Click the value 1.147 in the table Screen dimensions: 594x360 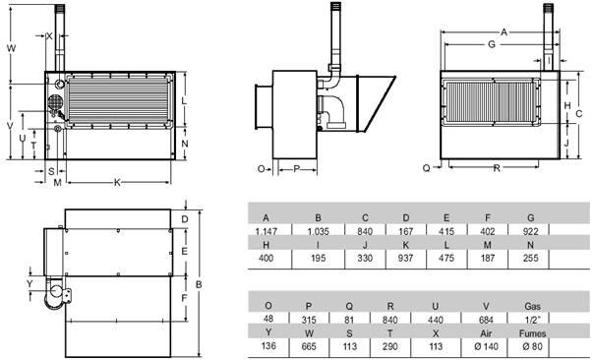(266, 231)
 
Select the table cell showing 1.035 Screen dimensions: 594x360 (319, 231)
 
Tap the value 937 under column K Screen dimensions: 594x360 (406, 258)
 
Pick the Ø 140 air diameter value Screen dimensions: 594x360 (486, 346)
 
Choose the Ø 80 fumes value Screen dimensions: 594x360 (532, 346)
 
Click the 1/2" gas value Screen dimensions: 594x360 (532, 321)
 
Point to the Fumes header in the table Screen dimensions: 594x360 (532, 333)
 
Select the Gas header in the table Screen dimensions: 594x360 (532, 306)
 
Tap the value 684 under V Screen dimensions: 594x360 (486, 321)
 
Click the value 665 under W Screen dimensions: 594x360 (309, 346)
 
